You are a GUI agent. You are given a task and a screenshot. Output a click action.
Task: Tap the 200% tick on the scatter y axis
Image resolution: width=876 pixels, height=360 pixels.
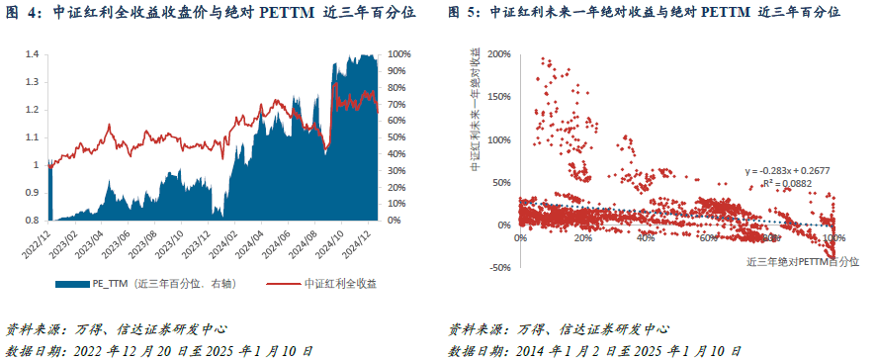pos(498,54)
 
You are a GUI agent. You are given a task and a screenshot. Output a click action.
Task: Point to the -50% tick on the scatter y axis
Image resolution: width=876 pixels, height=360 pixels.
pos(500,267)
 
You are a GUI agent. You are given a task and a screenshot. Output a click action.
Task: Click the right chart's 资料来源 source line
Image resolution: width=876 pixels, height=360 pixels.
pos(558,329)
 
